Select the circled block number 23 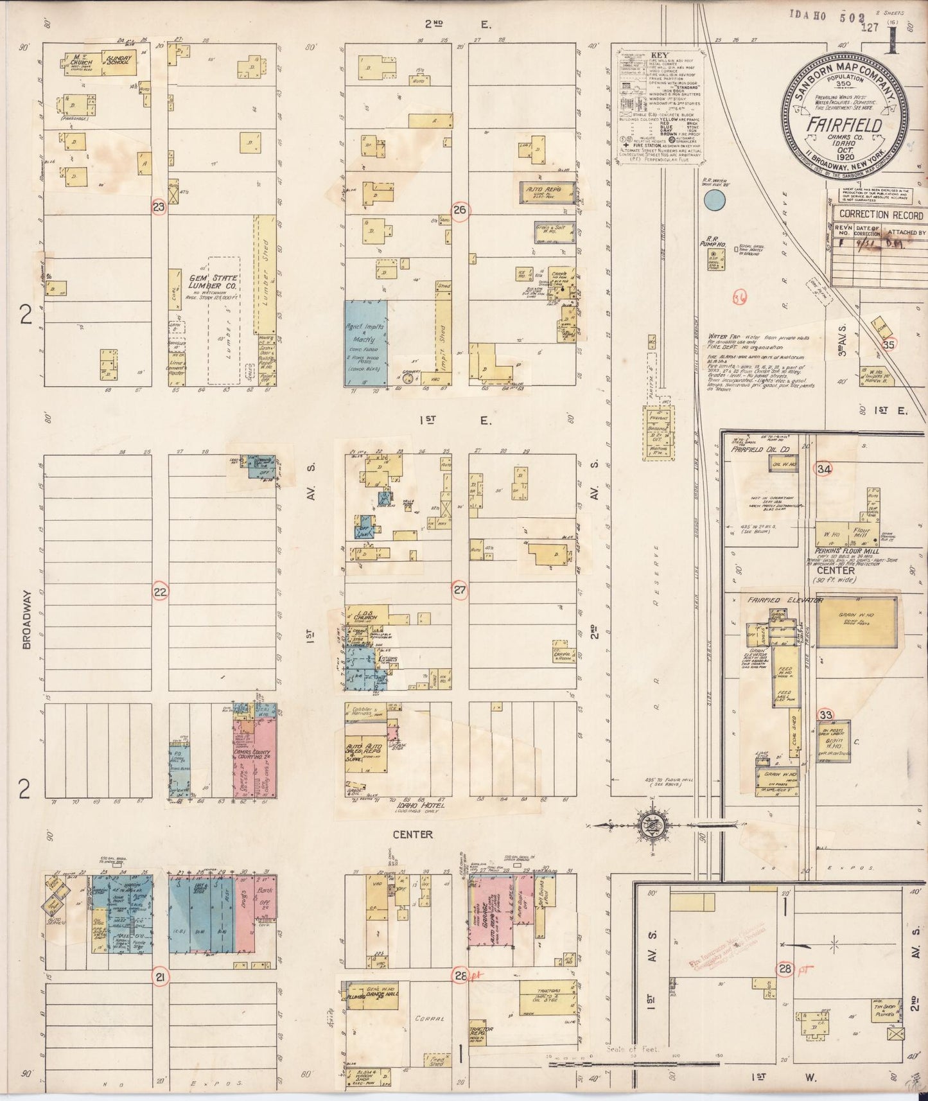pos(158,207)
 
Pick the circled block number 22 pos(161,591)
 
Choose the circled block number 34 pos(824,469)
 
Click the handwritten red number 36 pos(740,296)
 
